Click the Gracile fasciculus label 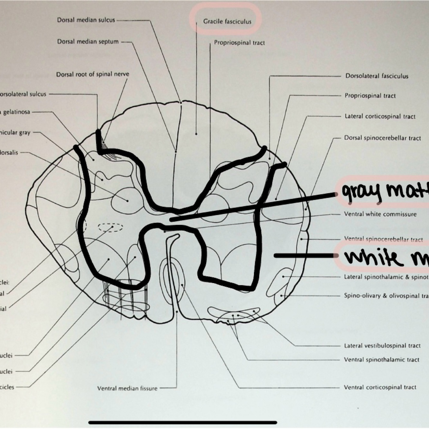click(x=227, y=22)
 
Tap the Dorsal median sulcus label click(x=86, y=20)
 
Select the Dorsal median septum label click(x=88, y=41)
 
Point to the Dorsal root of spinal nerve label click(x=93, y=74)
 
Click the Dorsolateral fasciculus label click(x=377, y=76)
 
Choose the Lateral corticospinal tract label click(x=380, y=116)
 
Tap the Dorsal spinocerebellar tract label click(x=382, y=138)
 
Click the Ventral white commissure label click(x=380, y=214)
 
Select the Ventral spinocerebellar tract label click(x=383, y=239)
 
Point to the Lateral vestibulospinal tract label click(x=382, y=346)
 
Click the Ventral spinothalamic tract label click(x=381, y=360)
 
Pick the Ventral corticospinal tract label click(x=380, y=387)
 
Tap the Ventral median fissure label click(x=127, y=388)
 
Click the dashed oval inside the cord click(x=110, y=227)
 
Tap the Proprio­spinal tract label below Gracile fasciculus click(x=239, y=43)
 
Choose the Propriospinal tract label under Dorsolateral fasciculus click(x=370, y=96)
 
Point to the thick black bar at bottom click(x=183, y=422)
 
